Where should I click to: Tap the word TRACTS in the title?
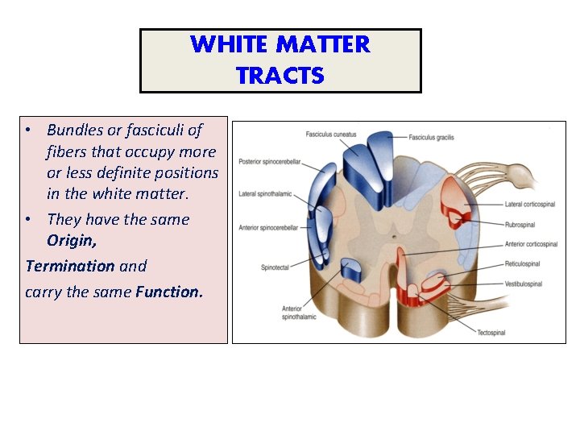[x=280, y=76]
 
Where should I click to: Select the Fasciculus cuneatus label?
[x=330, y=134]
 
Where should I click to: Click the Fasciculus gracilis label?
[x=431, y=138]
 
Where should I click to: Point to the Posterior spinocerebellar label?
[x=269, y=162]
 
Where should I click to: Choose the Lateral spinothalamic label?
[x=264, y=194]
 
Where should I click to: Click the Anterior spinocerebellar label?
[x=268, y=228]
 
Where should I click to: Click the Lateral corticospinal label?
[x=530, y=205]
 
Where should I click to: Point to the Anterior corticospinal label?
[x=531, y=244]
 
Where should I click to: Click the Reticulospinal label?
[x=522, y=264]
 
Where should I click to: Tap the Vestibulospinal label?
[x=523, y=284]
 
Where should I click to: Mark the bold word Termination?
[x=69, y=266]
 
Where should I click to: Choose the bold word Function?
[x=169, y=291]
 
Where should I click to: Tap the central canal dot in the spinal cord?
[x=392, y=236]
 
